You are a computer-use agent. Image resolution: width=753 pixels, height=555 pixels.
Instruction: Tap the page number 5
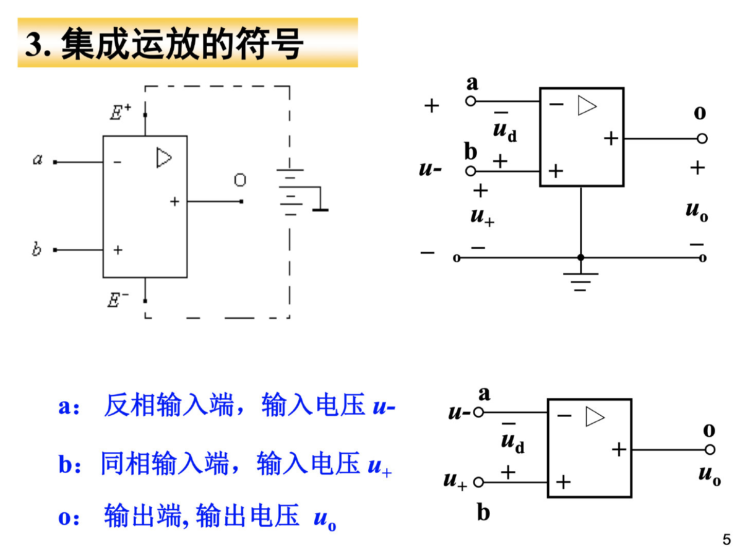pos(726,540)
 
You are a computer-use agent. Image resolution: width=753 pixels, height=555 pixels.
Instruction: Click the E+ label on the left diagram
pos(120,112)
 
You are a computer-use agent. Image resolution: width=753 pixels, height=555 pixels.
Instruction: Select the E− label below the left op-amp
pos(118,300)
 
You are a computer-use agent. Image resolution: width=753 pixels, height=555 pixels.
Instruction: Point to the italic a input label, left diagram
pos(38,159)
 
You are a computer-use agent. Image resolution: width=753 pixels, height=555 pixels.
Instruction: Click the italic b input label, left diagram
pos(36,249)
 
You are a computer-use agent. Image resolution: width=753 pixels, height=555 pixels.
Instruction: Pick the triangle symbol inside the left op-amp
pos(164,158)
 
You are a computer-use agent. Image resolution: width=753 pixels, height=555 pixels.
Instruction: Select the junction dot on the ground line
pos(581,257)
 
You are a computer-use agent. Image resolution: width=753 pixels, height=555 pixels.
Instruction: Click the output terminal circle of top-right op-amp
pos(702,138)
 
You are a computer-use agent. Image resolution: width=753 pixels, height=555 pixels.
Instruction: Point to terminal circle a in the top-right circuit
pos(471,101)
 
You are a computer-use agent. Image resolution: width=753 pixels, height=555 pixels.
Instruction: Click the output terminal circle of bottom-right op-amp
pos(710,450)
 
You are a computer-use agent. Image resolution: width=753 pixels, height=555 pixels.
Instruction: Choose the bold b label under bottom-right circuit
pos(483,512)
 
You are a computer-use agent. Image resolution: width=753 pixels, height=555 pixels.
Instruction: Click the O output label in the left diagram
pos(240,180)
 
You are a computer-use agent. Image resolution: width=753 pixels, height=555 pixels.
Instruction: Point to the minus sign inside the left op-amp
pos(118,162)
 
